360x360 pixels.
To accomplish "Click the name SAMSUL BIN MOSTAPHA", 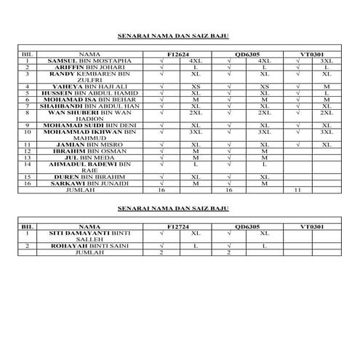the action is (x=89, y=60).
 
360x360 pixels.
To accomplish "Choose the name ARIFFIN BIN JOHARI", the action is (x=88, y=67).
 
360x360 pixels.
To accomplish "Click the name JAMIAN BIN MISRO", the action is (x=88, y=145).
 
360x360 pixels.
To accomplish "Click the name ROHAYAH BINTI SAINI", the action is (x=89, y=247).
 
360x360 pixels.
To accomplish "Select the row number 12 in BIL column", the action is (x=26, y=152).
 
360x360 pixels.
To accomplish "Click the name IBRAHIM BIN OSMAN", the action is (x=89, y=152).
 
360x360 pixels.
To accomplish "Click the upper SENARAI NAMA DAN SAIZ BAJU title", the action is (x=173, y=34).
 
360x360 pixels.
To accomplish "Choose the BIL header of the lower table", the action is (x=26, y=227).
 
